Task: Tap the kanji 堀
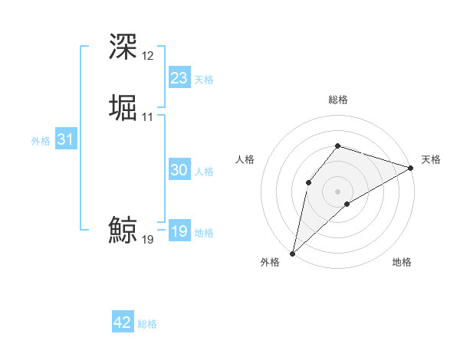coord(123,107)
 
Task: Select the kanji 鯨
coord(123,229)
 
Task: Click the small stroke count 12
coord(148,56)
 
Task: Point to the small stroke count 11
coord(148,117)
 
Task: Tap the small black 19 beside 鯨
coord(148,240)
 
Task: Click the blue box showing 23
coord(179,78)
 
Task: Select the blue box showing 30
coord(179,171)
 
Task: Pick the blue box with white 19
coord(179,232)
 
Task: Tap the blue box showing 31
coord(66,140)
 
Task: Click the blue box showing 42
coord(123,323)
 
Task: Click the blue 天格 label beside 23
coord(204,80)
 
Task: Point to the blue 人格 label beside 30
coord(204,172)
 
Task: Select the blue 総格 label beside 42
coord(147,324)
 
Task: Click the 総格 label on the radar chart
coord(338,100)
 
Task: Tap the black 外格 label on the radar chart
coord(270,263)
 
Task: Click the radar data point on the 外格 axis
coord(292,253)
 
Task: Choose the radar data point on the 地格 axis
coord(347,204)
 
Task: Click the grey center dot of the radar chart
coord(337,191)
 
